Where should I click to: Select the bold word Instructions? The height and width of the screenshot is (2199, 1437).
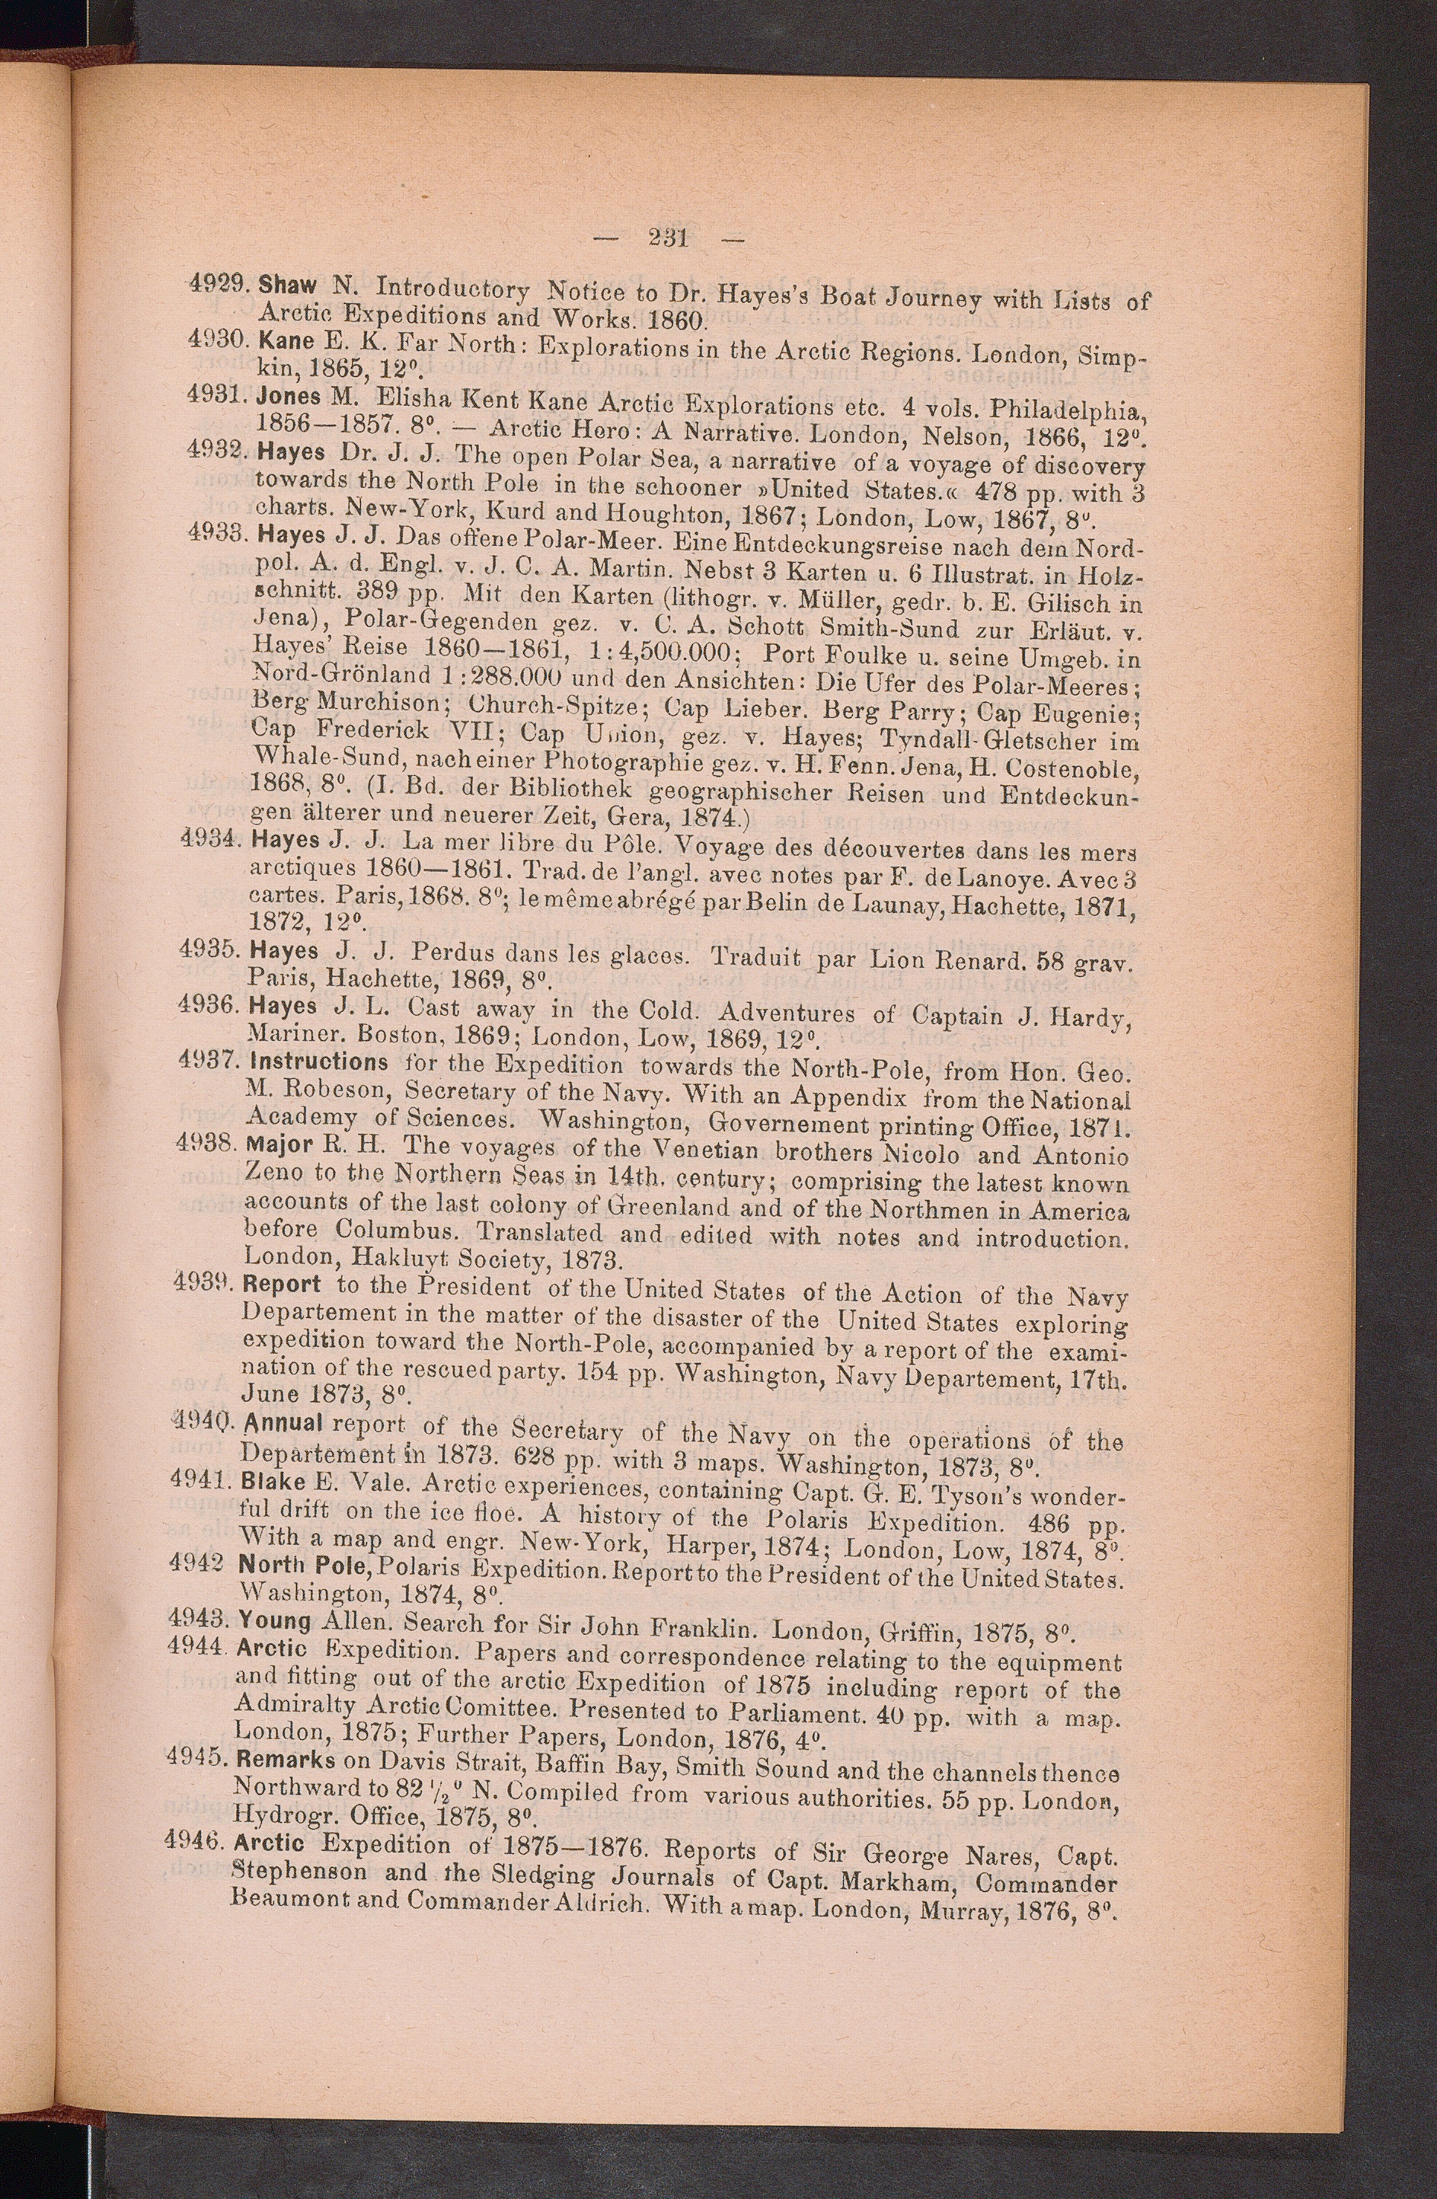pyautogui.click(x=319, y=1062)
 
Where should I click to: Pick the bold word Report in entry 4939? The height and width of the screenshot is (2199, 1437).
pyautogui.click(x=282, y=1285)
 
